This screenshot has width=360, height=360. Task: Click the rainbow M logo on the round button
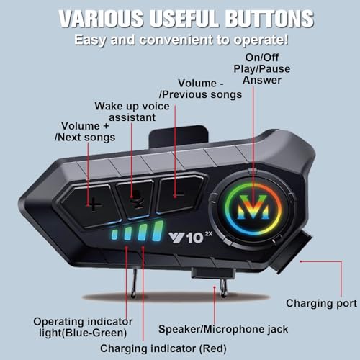[x=253, y=207]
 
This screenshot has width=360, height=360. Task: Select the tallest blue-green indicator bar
[x=158, y=231]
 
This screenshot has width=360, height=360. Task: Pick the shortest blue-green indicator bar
[x=114, y=235]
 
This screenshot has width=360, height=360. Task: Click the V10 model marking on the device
[x=190, y=238]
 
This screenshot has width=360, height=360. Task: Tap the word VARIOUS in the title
[x=101, y=19]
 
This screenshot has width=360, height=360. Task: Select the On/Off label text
[x=262, y=58]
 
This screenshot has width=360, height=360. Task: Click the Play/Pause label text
[x=262, y=69]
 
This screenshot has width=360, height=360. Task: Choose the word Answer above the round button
[x=262, y=80]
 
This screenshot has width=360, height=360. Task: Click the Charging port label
[x=321, y=303]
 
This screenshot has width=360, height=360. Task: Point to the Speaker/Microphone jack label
[x=223, y=329]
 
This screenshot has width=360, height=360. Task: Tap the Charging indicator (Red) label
[x=163, y=348]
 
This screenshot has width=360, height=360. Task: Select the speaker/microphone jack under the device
[x=213, y=274]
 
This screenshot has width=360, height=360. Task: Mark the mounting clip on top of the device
[x=178, y=138]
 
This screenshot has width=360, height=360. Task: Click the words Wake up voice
[x=132, y=107]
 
